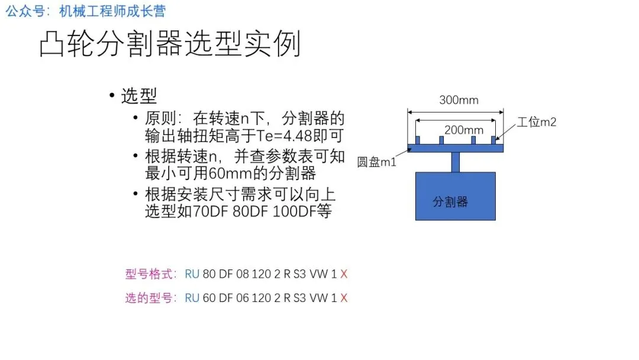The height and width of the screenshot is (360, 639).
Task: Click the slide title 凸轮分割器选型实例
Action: coord(170,45)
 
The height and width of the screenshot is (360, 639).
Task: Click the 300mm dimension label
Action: coord(459,100)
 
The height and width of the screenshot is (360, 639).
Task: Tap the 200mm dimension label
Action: coord(463,130)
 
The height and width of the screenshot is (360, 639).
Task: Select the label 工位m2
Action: coord(537,123)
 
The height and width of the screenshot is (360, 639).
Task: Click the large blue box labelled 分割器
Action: coord(455,196)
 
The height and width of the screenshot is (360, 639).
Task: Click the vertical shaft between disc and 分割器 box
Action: coord(455,162)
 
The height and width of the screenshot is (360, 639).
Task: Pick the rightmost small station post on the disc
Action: coord(492,140)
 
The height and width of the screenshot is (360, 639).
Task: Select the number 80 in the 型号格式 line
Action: coord(209,274)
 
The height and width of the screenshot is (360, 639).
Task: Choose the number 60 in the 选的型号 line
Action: coord(209,298)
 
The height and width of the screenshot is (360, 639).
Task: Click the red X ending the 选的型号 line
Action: coord(344,298)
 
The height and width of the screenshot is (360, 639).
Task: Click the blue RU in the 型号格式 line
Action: coord(192,274)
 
